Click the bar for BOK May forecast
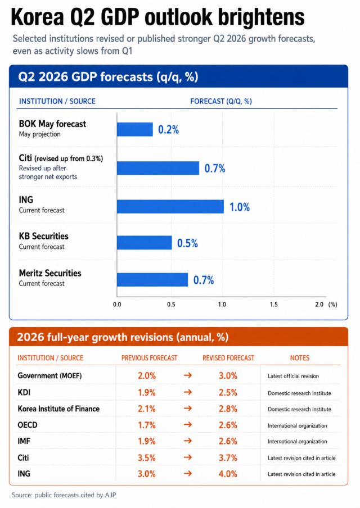pos(135,129)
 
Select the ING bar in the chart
pos(170,207)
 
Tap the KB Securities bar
pos(145,243)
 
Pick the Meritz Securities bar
pos(152,280)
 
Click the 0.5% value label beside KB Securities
pos(187,243)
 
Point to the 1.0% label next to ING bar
pos(240,207)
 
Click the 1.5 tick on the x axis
pos(274,304)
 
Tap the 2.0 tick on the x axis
pos(319,304)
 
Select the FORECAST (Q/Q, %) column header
pos(221,101)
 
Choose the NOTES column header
pos(300,358)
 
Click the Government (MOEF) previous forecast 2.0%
pos(147,376)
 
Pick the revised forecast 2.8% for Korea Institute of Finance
pos(228,409)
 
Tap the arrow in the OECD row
pos(188,425)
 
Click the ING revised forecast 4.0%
pos(228,474)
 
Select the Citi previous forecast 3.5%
pos(147,458)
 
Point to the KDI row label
pos(24,392)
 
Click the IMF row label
pos(24,441)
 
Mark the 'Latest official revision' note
pos(293,376)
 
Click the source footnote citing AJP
pos(64,495)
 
